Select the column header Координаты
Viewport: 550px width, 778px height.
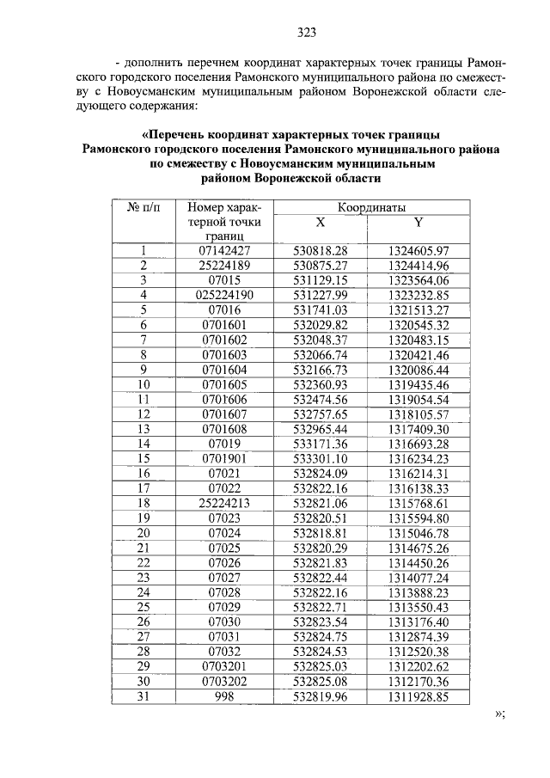pos(371,207)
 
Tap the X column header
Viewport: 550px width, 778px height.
pos(320,222)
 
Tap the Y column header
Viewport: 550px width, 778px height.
pos(419,222)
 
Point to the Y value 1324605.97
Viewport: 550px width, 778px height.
pos(419,250)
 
